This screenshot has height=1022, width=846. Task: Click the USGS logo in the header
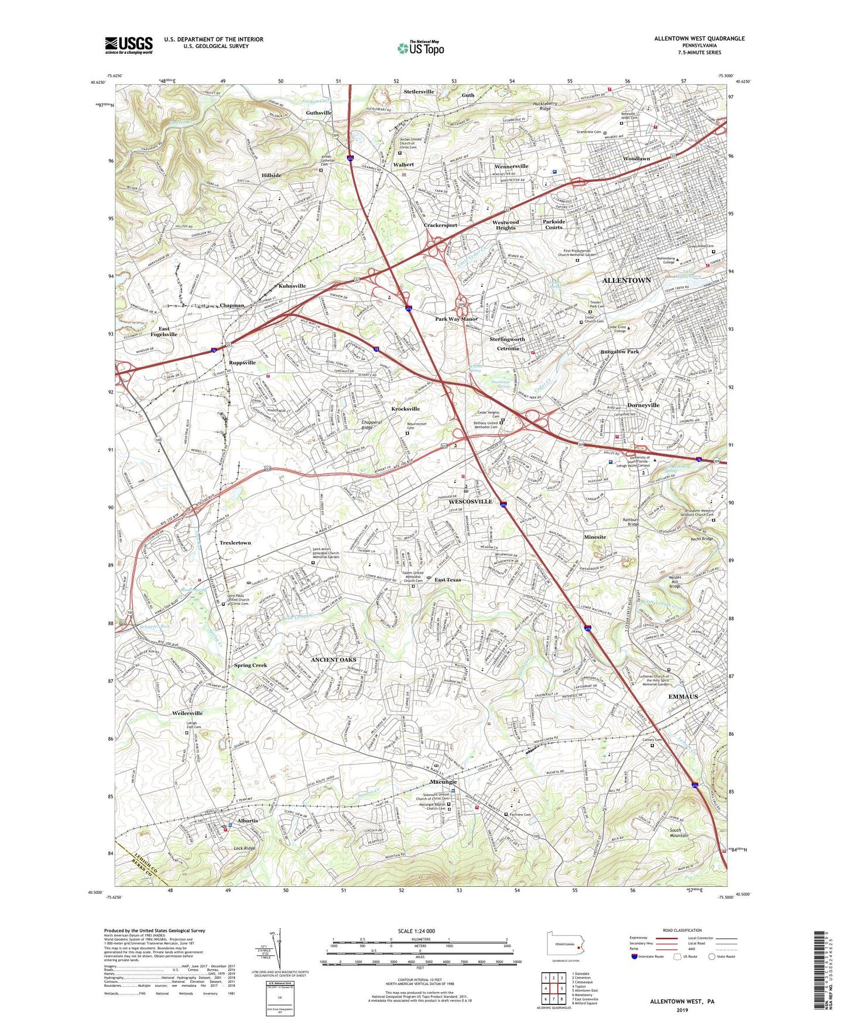coord(129,45)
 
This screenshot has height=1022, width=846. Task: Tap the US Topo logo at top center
coord(420,48)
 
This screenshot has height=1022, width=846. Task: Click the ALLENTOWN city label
coord(626,280)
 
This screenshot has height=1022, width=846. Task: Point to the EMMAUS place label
coord(683,697)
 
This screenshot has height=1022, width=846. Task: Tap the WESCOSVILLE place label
coord(471,502)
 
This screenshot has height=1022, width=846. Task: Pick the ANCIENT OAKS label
coord(333,660)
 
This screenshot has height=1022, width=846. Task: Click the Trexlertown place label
coord(235,543)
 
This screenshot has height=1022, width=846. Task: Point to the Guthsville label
coord(318,112)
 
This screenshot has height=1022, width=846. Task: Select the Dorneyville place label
coord(643,405)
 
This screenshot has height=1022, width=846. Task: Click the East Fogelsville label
coord(164,331)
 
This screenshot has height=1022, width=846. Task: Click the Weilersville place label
coord(187,713)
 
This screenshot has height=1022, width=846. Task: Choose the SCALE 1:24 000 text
coord(416,931)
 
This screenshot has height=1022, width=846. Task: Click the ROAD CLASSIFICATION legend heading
coord(682,930)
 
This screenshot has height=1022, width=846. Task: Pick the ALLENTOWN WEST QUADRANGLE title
coord(699,39)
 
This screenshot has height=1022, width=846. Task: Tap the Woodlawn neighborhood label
coord(636,159)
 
